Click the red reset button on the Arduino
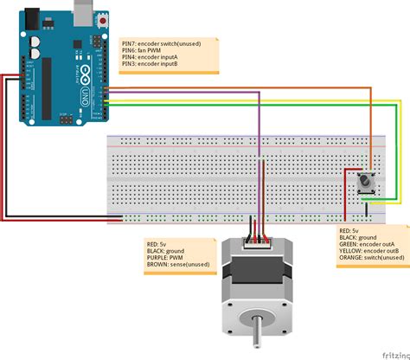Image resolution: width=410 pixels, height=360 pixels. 105,17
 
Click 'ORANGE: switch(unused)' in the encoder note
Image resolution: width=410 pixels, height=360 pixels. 372,257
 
